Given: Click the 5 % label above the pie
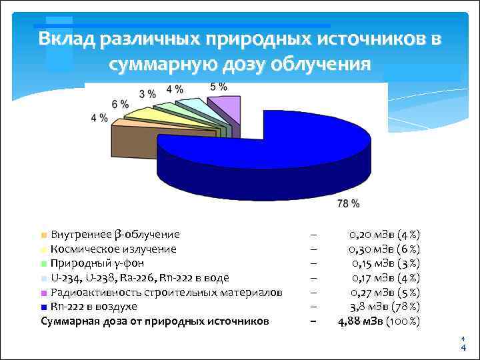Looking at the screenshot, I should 219,87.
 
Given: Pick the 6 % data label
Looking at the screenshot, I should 120,104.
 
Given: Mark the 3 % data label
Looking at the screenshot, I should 147,93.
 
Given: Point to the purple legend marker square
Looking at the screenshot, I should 44,293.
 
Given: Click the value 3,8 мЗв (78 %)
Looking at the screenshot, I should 385,307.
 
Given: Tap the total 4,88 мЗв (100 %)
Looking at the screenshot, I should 379,321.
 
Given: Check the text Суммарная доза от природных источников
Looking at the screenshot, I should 155,321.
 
